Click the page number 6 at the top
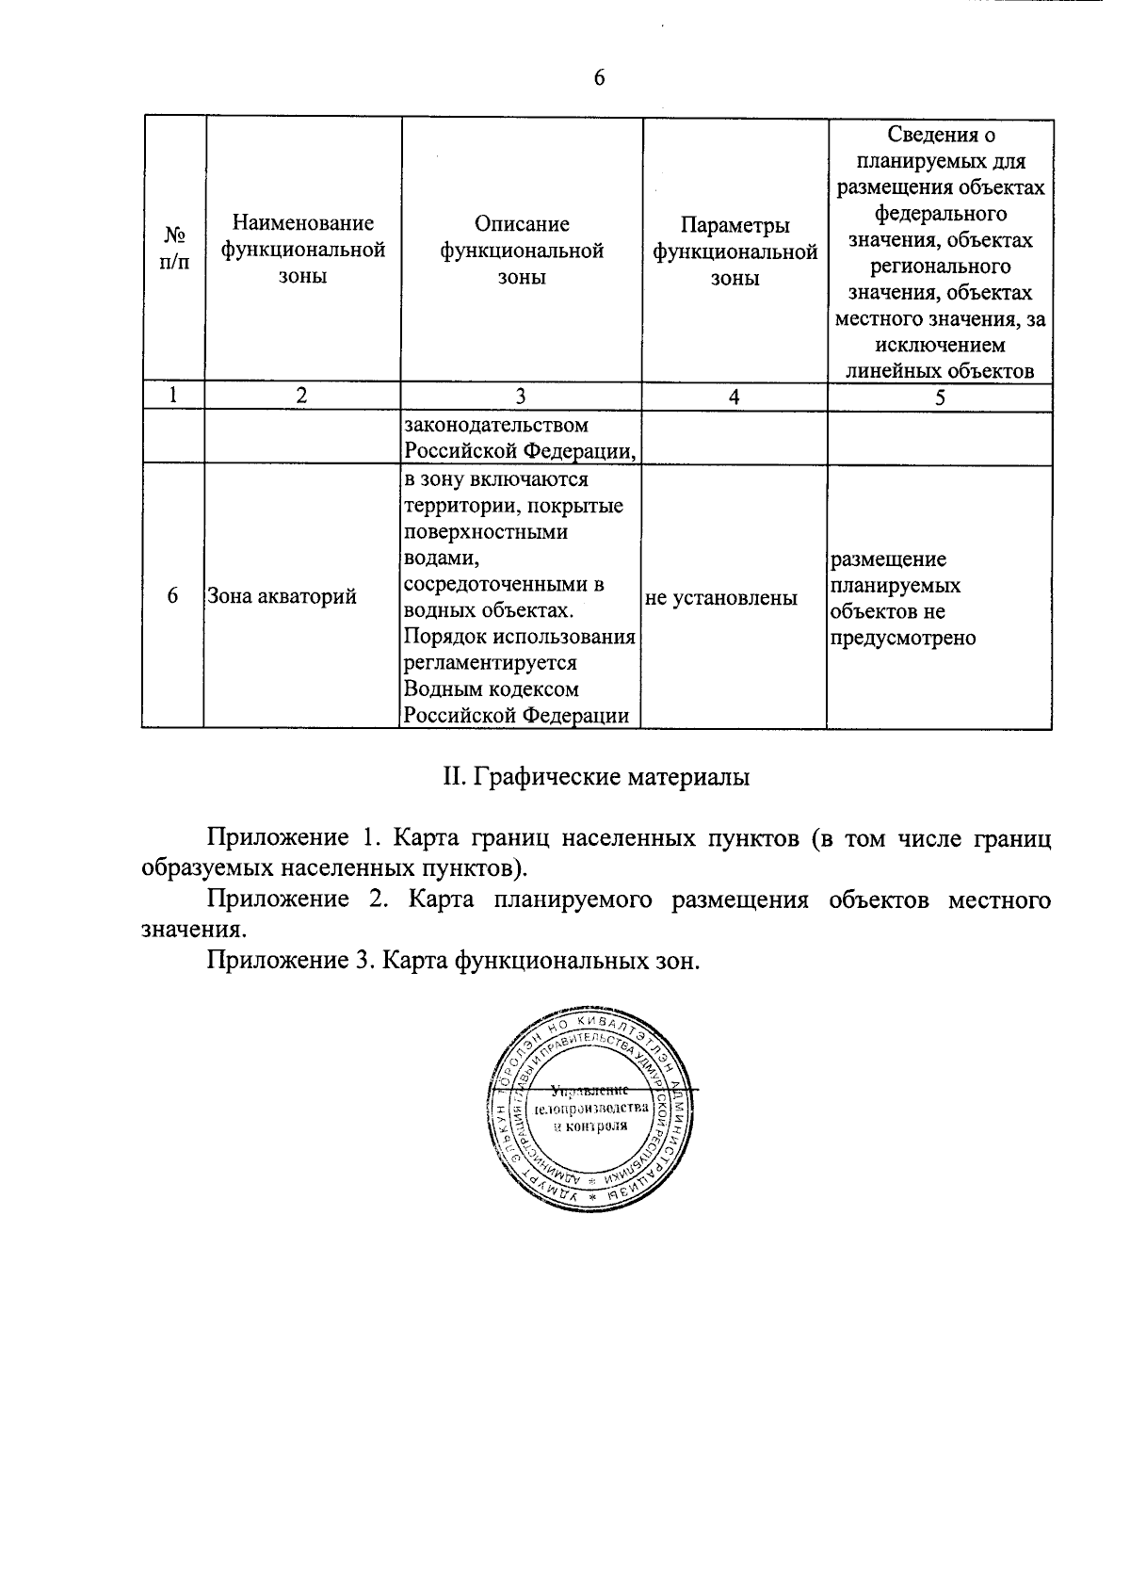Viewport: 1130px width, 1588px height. [x=599, y=78]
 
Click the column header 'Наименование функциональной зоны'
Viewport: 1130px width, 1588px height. [x=303, y=250]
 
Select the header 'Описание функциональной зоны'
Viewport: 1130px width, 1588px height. [x=522, y=250]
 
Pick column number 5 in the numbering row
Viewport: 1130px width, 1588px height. [x=940, y=397]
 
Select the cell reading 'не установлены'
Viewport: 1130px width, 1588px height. [x=721, y=597]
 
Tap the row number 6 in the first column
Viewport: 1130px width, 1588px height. [x=172, y=596]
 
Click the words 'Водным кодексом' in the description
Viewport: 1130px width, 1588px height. [x=491, y=689]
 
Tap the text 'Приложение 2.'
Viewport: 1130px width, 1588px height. [x=295, y=899]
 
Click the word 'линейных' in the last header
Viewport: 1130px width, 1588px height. [x=887, y=370]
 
